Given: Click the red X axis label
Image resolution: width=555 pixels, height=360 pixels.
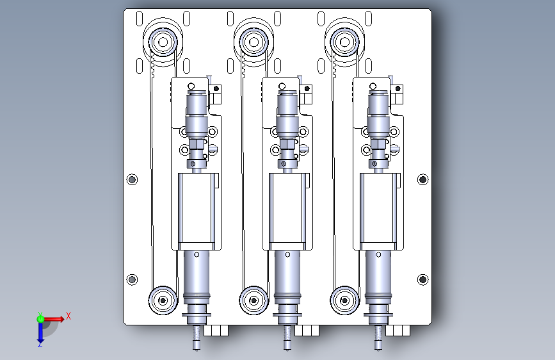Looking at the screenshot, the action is tap(68, 316).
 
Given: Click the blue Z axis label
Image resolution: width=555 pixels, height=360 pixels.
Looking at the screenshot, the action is tap(40, 344).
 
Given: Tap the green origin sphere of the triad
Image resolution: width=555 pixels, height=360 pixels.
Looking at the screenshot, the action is tap(40, 319).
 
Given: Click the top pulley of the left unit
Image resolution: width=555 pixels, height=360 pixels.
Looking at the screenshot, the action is tap(163, 42).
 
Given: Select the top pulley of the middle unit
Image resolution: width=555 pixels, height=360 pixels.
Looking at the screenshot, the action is tap(253, 42).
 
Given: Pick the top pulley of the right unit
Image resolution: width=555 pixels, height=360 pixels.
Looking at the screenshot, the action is tap(345, 42).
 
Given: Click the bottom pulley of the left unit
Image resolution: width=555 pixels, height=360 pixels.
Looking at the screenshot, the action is tap(163, 300).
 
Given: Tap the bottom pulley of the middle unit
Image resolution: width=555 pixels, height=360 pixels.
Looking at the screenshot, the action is tap(253, 300).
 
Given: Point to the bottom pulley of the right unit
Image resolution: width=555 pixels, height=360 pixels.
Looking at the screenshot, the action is tap(345, 300).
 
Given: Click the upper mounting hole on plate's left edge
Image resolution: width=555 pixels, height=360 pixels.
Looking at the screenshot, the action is tap(132, 179).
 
